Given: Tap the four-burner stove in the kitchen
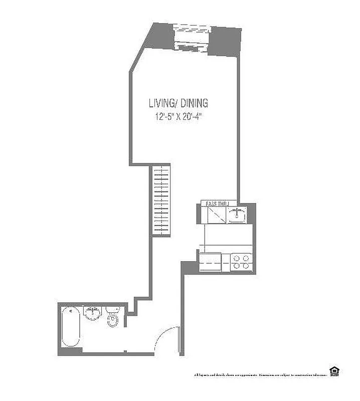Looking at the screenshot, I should click(241, 262).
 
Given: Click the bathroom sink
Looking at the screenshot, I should click(92, 313).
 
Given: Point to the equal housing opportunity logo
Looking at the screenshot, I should click(333, 371).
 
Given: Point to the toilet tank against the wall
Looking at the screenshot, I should click(112, 309).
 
